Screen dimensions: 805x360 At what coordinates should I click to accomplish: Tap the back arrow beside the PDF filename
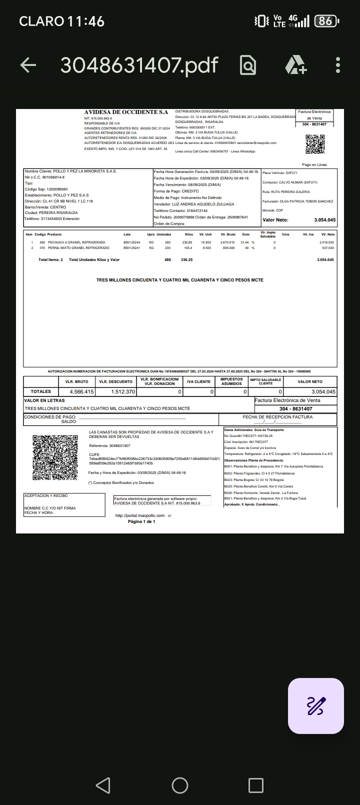point(28,65)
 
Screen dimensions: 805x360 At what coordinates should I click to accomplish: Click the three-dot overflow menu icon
point(338,65)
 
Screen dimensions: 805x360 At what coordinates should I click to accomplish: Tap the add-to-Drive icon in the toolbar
point(295,65)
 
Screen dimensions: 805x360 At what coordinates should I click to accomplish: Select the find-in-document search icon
point(248,65)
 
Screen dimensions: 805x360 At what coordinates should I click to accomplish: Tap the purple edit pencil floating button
point(316,705)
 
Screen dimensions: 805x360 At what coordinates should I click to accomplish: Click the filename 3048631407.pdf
point(139,65)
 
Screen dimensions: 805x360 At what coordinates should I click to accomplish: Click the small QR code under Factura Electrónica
point(315,144)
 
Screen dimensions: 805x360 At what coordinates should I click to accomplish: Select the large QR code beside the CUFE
point(55,457)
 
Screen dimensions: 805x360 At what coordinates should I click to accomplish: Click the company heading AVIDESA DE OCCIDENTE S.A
point(126,112)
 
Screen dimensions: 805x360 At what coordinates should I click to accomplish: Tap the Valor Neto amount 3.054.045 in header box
point(324,220)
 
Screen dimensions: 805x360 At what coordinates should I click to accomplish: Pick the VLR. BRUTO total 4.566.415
point(81,391)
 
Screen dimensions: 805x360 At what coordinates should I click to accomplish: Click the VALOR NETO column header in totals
point(310,381)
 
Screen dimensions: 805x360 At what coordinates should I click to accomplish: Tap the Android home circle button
point(180,785)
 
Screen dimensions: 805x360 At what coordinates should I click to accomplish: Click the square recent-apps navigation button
point(256,785)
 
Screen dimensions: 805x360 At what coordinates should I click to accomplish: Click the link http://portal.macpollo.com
point(140,515)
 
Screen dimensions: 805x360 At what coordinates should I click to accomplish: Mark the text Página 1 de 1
point(141,521)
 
